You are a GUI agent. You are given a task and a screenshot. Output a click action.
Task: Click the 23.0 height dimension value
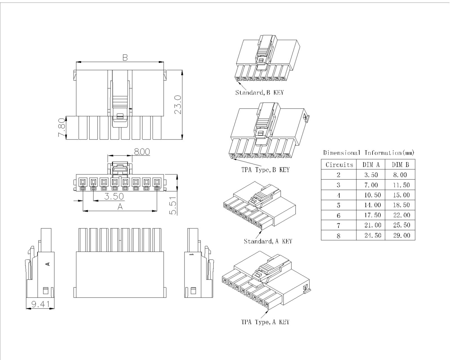(178, 104)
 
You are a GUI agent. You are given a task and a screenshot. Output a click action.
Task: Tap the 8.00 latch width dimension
(142, 152)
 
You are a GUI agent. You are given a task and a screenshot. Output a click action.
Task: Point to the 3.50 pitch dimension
(114, 196)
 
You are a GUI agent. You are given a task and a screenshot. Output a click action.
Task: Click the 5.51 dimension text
(173, 205)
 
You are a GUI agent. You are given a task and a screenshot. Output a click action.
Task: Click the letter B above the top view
(125, 57)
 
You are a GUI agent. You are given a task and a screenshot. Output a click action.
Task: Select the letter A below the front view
(120, 206)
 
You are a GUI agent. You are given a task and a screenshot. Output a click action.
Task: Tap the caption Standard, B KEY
(259, 93)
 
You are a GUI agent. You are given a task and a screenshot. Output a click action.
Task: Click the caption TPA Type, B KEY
(265, 170)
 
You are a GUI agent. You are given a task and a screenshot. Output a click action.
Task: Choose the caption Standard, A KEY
(268, 241)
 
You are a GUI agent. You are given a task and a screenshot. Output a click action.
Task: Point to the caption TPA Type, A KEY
(265, 322)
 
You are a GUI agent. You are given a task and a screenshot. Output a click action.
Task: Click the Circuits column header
(339, 165)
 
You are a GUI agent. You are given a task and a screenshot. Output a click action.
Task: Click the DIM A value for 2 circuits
(371, 175)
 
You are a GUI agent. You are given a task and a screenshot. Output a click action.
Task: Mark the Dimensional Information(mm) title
(368, 153)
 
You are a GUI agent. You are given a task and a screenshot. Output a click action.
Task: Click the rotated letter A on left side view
(48, 264)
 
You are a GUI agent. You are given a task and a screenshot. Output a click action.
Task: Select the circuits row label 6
(338, 215)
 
